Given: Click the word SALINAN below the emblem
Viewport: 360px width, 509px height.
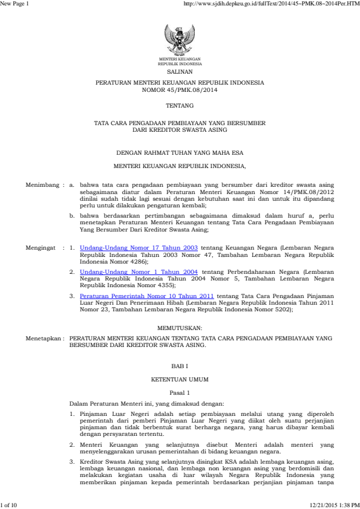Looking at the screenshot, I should coord(180,70).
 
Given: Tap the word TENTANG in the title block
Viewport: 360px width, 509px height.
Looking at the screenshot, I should coord(180,106).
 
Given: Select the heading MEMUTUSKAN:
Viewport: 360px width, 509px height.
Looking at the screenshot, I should coord(180,326).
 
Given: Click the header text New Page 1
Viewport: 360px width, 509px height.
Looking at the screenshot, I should coord(13,4).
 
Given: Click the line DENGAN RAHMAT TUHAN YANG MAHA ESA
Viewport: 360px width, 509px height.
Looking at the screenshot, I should coord(180,152).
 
